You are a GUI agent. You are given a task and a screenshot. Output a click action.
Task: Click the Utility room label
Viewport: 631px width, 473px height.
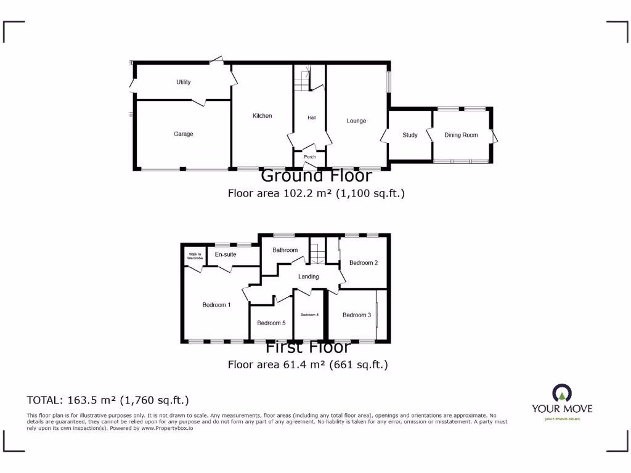tap(183, 82)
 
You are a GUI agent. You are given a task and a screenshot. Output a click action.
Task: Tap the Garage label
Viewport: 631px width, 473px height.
tap(183, 134)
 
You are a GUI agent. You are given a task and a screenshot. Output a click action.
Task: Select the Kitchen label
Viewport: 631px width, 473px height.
tap(262, 116)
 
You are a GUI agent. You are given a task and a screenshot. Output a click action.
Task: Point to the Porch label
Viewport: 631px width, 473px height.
tap(310, 157)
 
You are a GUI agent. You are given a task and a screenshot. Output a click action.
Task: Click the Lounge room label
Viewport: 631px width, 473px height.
tap(356, 121)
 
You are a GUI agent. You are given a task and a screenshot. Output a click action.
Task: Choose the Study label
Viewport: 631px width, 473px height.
tap(410, 135)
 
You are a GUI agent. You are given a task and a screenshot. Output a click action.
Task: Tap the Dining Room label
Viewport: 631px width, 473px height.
tap(461, 135)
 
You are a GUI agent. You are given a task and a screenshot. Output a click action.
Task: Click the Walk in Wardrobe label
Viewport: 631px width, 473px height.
tap(195, 256)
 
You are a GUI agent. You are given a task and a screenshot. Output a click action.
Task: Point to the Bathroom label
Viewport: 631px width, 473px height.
tap(285, 250)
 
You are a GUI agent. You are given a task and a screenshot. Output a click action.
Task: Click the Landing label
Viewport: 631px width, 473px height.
tap(308, 277)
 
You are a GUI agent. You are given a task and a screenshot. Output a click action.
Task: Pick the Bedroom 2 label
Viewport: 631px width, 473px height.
tap(363, 263)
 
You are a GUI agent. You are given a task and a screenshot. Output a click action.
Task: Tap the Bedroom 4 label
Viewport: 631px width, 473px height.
tap(309, 315)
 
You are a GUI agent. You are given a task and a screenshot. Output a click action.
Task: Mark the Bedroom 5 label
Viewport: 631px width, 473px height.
tap(271, 323)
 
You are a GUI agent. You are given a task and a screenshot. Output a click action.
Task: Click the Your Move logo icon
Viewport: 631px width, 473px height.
tap(561, 393)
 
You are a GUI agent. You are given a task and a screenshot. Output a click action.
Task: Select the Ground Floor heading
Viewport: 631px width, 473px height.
tap(316, 176)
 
